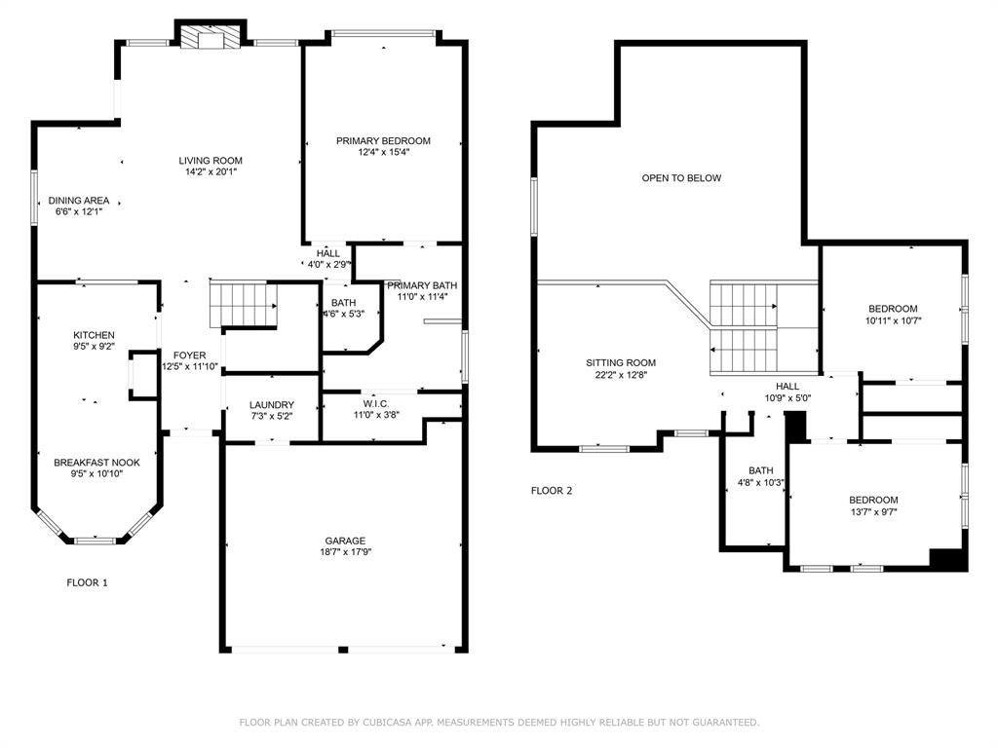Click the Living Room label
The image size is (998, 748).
pyautogui.click(x=211, y=161)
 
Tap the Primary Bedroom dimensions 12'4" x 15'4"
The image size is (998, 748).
pyautogui.click(x=383, y=152)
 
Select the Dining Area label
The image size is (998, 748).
pyautogui.click(x=79, y=201)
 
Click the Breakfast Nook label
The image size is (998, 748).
pyautogui.click(x=96, y=463)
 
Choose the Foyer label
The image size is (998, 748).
pyautogui.click(x=190, y=355)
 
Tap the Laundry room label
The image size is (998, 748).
pyautogui.click(x=272, y=404)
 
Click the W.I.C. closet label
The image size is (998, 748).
pyautogui.click(x=376, y=404)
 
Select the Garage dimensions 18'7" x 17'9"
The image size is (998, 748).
pyautogui.click(x=346, y=552)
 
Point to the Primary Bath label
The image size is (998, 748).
pyautogui.click(x=422, y=285)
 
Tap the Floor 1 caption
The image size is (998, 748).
pyautogui.click(x=87, y=582)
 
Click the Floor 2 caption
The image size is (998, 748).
pyautogui.click(x=552, y=491)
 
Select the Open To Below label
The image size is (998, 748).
pyautogui.click(x=681, y=178)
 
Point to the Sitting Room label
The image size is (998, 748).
pyautogui.click(x=621, y=363)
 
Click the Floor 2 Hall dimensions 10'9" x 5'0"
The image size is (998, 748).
pyautogui.click(x=787, y=398)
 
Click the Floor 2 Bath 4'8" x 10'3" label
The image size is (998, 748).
pyautogui.click(x=760, y=476)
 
